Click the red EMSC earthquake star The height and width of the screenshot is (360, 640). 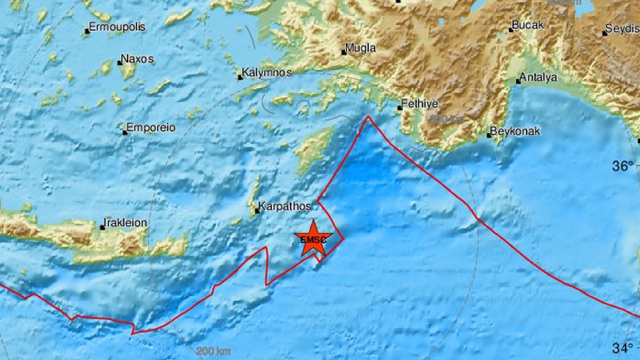click(314, 239)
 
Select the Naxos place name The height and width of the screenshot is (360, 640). click(135, 60)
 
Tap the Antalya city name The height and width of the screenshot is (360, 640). click(538, 77)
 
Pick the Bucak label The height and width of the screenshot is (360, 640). click(529, 26)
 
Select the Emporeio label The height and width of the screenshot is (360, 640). click(150, 129)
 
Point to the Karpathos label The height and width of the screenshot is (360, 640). click(285, 205)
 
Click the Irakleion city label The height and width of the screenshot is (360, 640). click(126, 223)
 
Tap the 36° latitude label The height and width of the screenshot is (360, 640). click(624, 166)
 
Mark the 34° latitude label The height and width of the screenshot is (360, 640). click(624, 347)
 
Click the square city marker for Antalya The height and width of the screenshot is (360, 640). click(517, 81)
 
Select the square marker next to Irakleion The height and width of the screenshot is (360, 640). click(102, 225)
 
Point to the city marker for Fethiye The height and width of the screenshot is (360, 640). click(399, 107)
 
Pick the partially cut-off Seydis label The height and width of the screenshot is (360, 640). click(623, 29)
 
